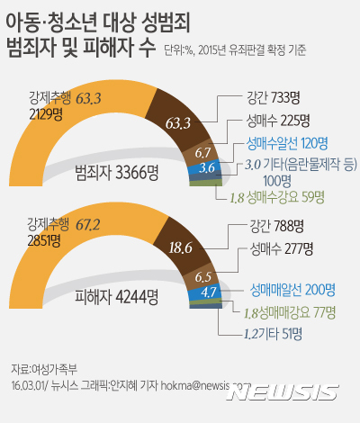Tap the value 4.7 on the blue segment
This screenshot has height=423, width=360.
click(207, 291)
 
